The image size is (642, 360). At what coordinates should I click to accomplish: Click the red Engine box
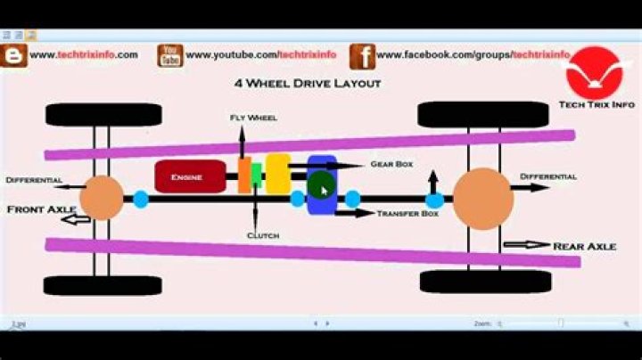[x=188, y=176]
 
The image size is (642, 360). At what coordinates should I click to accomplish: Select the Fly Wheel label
[x=254, y=117]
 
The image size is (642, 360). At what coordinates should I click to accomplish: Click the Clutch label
[x=263, y=235]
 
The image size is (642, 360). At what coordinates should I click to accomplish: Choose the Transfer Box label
[x=407, y=214]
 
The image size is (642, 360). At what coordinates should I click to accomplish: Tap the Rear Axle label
[x=584, y=245]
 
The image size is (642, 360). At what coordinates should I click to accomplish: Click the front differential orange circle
[x=101, y=198]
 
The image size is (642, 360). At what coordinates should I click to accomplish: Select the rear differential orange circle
[x=483, y=199]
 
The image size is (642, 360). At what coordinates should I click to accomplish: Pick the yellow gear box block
[x=278, y=173]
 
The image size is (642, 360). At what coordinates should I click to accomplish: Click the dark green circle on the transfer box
[x=321, y=186]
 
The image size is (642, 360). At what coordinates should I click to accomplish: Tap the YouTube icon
[x=170, y=55]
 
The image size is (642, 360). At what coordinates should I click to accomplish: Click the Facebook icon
[x=363, y=55]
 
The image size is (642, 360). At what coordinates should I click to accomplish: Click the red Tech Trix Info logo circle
[x=597, y=70]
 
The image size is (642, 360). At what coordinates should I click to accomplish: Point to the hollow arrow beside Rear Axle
[x=526, y=244]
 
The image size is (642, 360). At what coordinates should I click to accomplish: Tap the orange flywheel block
[x=244, y=176]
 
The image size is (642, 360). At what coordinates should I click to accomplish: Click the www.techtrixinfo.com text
[x=84, y=54]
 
